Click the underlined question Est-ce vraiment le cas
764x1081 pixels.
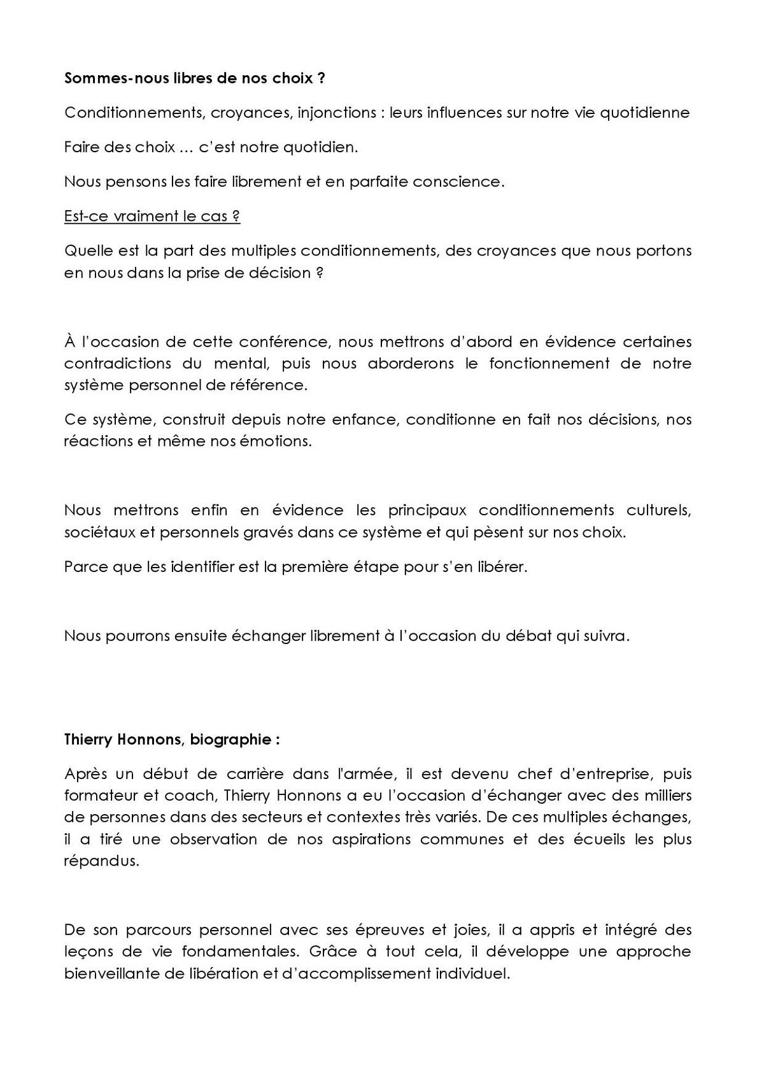[x=152, y=216]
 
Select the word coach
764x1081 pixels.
[x=197, y=796]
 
